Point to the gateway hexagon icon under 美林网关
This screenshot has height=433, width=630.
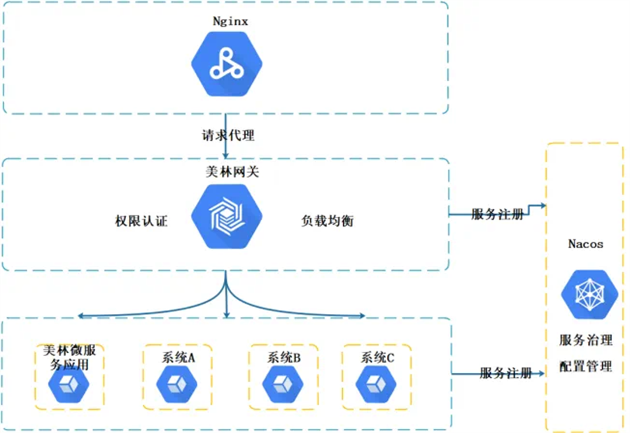coord(225,218)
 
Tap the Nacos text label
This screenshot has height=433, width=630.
coord(585,244)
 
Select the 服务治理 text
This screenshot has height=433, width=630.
coord(585,340)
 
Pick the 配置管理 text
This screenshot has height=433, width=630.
coord(585,366)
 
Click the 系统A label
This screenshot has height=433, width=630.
coord(178,357)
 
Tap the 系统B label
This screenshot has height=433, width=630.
coord(283,357)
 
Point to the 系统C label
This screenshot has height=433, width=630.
coord(377,357)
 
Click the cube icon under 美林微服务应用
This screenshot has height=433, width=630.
coord(68,384)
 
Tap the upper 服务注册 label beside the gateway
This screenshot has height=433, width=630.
coord(496,215)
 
